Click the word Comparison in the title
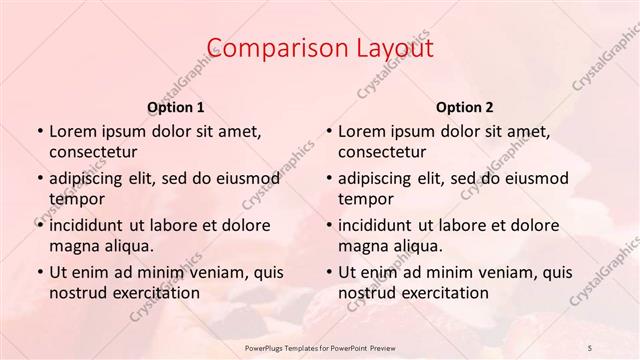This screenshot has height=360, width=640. pos(269,49)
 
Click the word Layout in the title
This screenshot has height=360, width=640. pos(387,49)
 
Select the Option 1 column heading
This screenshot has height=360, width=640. pos(175,107)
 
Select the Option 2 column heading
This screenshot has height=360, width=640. pos(464,107)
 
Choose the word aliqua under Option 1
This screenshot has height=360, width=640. pos(129,246)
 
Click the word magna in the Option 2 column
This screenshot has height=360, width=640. pos(362,246)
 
